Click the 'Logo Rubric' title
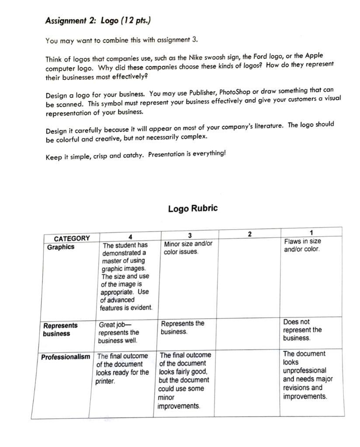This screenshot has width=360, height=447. pos(192,208)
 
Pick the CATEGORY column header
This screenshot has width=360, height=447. pos(72,238)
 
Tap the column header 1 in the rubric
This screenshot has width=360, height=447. pos(311,232)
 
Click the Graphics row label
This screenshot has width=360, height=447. pos(61,247)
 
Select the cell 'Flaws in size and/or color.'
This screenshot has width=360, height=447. pos(302,245)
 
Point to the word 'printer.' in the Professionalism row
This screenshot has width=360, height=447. pos(105,382)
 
